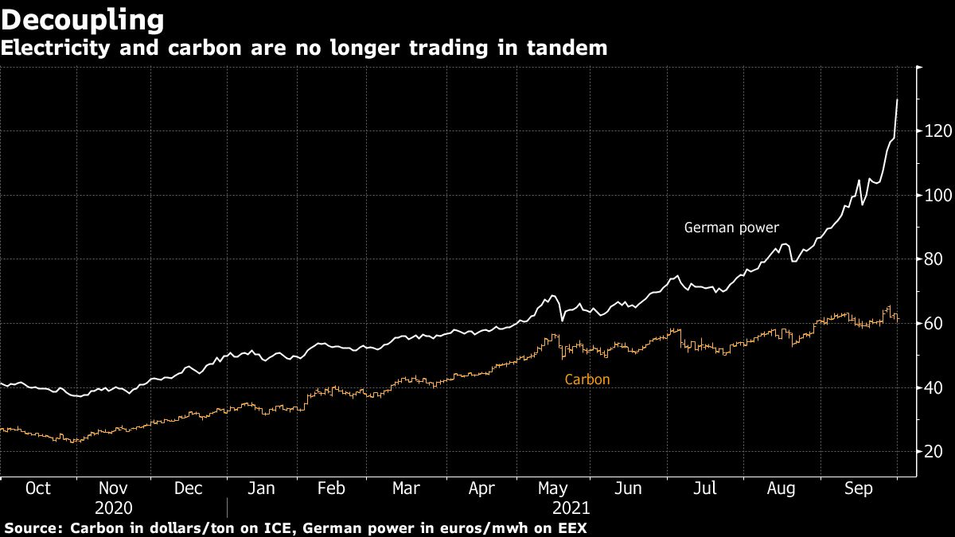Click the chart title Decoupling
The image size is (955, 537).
(x=83, y=19)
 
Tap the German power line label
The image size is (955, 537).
(x=731, y=228)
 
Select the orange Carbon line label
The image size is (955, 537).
(x=587, y=379)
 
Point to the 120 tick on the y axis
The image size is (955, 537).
(x=937, y=131)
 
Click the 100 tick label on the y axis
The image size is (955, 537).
(x=937, y=196)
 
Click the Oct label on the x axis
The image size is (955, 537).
(x=38, y=488)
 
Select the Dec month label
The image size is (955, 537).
(x=189, y=488)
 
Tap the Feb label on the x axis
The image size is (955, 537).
(x=330, y=488)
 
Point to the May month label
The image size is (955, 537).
(x=552, y=488)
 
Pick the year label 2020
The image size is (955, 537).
(x=113, y=507)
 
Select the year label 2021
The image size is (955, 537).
(x=570, y=507)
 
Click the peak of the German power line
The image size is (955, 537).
(x=898, y=99)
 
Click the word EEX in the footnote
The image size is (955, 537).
(x=574, y=527)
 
